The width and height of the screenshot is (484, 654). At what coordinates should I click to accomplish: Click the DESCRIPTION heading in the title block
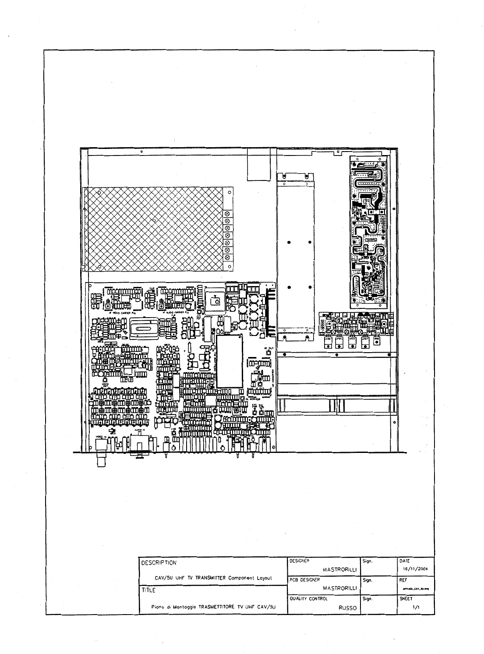tap(159, 562)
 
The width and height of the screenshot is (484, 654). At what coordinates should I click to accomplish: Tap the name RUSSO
tap(348, 608)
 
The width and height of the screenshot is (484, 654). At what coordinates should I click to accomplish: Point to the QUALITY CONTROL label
tap(308, 598)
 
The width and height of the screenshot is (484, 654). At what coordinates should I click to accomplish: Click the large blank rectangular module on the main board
tap(229, 361)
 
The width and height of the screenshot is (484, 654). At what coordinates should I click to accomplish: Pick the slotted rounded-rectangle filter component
tap(141, 326)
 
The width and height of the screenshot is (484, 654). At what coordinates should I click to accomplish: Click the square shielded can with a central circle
tap(216, 301)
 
